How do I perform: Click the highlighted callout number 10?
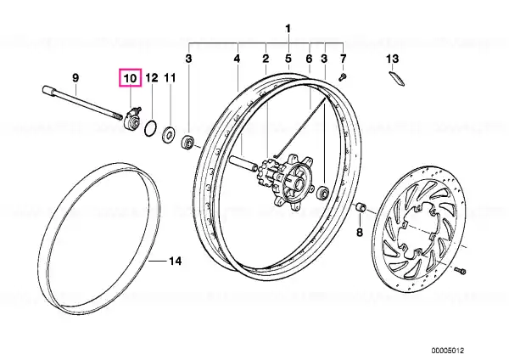(130, 78)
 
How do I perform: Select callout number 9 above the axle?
(76, 78)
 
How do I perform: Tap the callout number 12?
(152, 78)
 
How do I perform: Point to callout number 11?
(170, 78)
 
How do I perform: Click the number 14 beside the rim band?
(175, 261)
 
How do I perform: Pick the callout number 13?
(393, 59)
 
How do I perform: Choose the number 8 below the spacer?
(360, 233)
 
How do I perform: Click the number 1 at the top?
(288, 29)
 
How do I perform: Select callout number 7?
(343, 59)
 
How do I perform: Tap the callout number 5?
(288, 59)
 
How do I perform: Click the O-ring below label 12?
(151, 127)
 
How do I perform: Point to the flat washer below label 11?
(169, 133)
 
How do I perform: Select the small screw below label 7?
(343, 76)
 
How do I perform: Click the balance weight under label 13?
(397, 79)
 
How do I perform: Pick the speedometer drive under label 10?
(132, 118)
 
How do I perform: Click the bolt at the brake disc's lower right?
(461, 270)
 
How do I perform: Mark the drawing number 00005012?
(448, 351)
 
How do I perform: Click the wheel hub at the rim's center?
(286, 182)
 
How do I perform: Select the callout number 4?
(237, 59)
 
